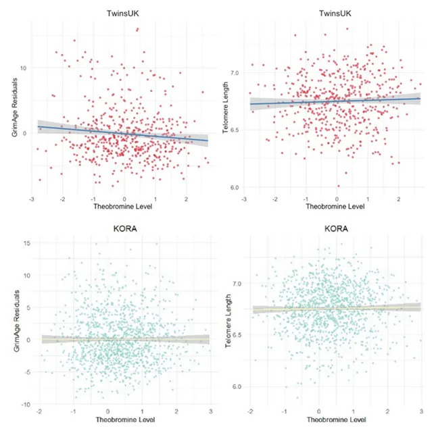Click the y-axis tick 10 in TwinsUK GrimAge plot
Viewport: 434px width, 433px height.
tap(22, 68)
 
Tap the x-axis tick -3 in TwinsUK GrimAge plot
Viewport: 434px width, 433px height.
tap(32, 200)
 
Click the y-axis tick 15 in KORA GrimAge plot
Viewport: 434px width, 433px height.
tap(26, 243)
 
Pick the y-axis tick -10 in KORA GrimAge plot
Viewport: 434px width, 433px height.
tap(24, 404)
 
